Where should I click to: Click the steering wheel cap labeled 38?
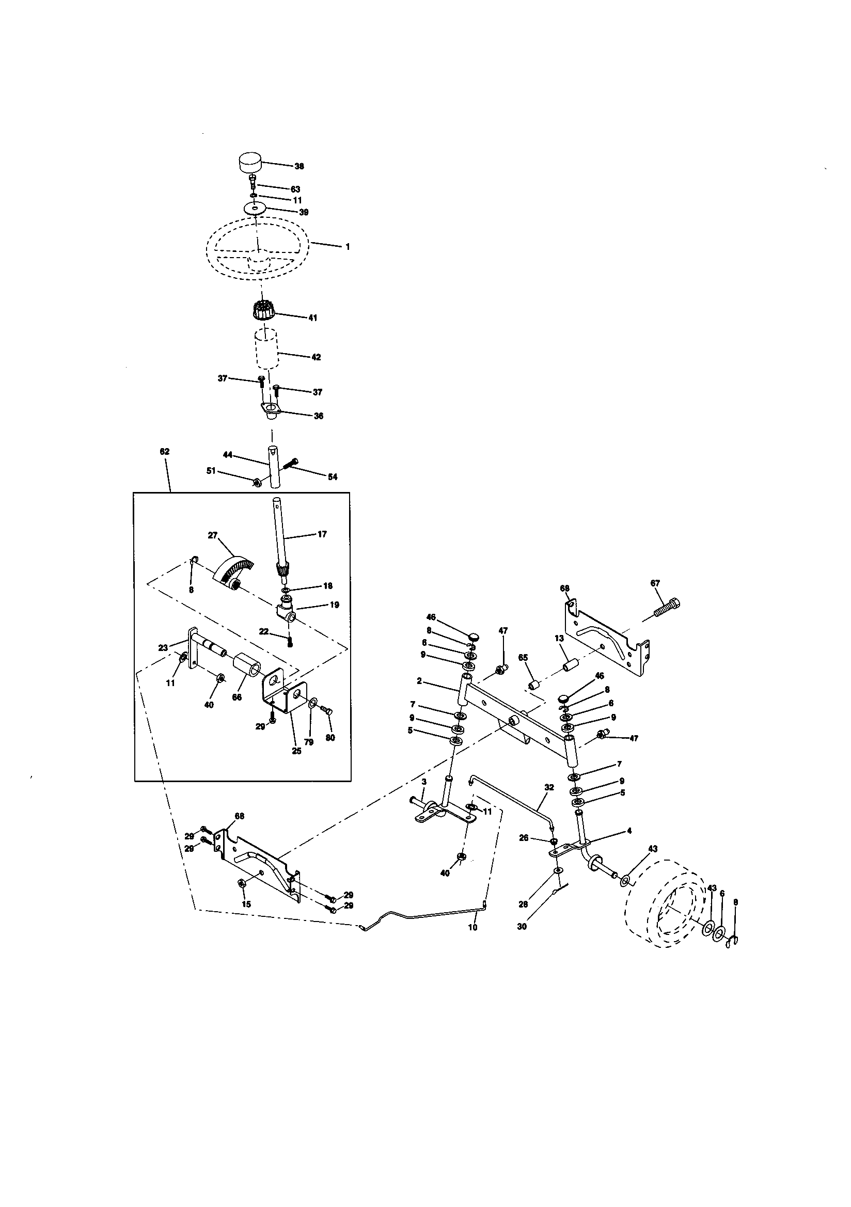pyautogui.click(x=251, y=162)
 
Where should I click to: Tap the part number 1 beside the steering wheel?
pyautogui.click(x=348, y=247)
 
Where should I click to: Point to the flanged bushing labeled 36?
pyautogui.click(x=270, y=409)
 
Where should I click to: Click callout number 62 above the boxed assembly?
pyautogui.click(x=165, y=452)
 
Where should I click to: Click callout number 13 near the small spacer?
pyautogui.click(x=559, y=638)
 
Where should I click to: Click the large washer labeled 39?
pyautogui.click(x=255, y=209)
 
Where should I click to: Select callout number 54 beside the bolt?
pyautogui.click(x=333, y=477)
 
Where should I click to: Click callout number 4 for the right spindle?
pyautogui.click(x=629, y=831)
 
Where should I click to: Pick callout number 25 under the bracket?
pyautogui.click(x=296, y=751)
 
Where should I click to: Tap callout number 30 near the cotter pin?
pyautogui.click(x=522, y=927)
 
